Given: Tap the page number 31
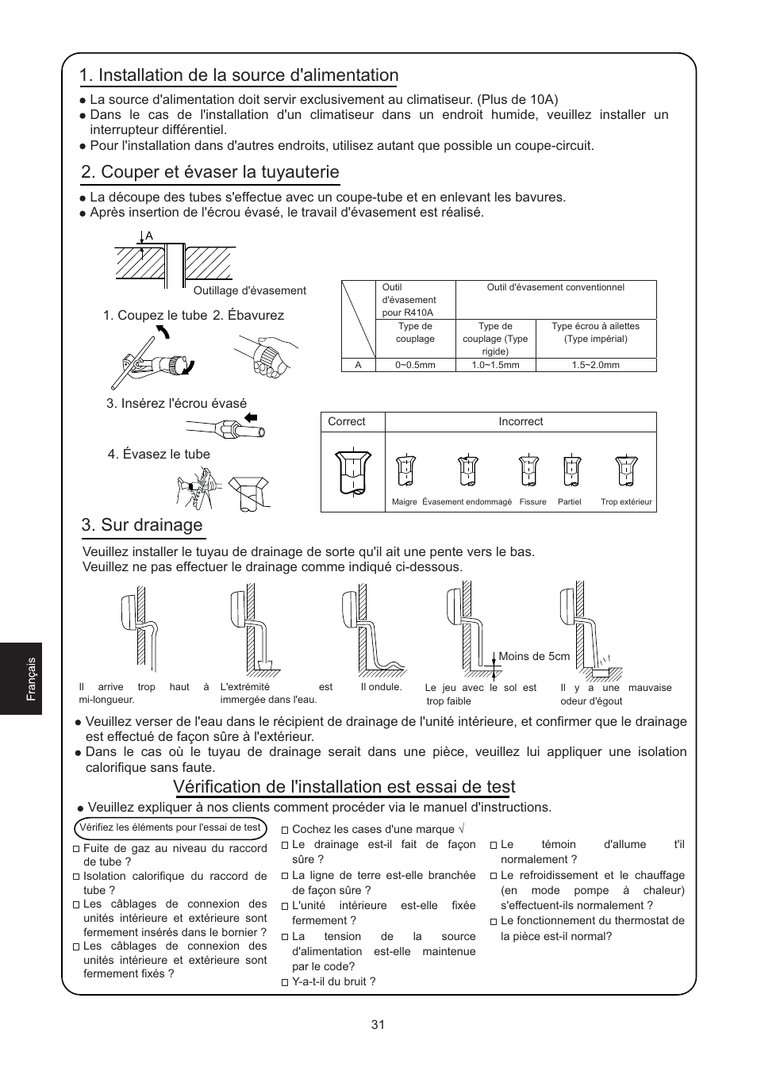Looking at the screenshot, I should pos(378,1024).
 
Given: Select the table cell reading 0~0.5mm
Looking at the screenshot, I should pos(415,365).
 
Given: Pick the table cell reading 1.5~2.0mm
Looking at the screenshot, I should pos(595,365).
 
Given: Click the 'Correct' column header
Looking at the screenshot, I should pos(347,422).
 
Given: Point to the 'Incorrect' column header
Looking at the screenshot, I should pos(521,422).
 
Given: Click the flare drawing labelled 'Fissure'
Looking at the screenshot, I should pos(528,471).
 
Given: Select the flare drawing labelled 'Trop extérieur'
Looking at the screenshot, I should pos(627,471).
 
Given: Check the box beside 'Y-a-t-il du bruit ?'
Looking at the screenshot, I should pos(285,982).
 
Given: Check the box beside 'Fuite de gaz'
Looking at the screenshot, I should pos(77,849).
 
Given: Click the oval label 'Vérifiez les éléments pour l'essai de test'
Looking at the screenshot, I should pos(170,827).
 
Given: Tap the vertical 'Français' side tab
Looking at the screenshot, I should pos(32,678).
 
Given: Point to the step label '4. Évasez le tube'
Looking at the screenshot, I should pos(159,455).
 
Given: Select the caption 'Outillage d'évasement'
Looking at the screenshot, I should pos(249,290).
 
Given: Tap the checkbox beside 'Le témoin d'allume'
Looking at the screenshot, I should pos(494,846).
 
